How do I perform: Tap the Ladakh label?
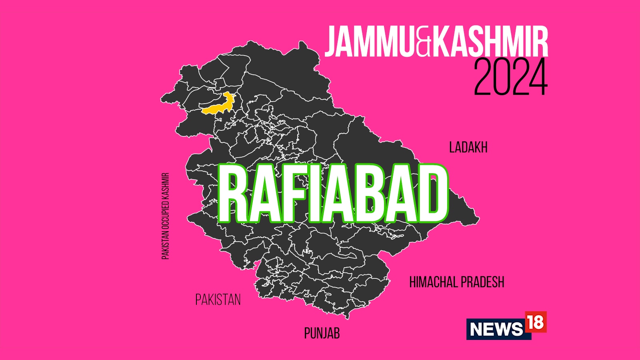[468, 148]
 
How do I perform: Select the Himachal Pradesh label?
[456, 282]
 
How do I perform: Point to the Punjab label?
[322, 333]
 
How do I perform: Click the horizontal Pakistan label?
[218, 300]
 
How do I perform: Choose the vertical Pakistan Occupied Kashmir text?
[166, 216]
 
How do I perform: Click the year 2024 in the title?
[510, 77]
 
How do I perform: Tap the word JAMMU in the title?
[370, 42]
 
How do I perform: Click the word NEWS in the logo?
[496, 329]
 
